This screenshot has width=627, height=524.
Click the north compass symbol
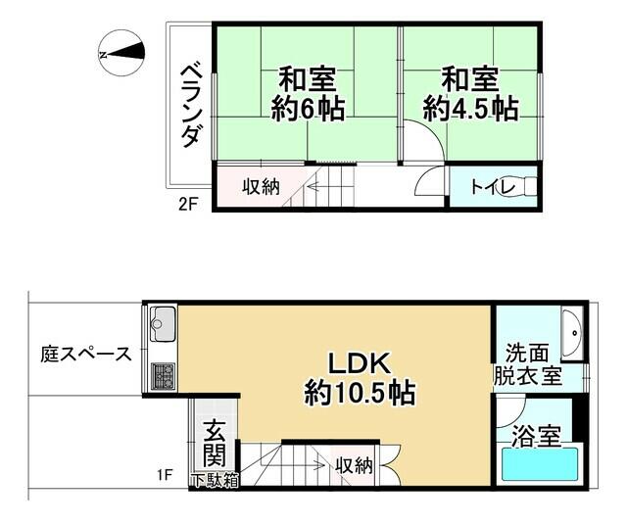click(x=121, y=54)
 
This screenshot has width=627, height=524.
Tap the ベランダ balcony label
click(x=191, y=106)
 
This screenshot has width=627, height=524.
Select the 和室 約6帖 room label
click(x=308, y=94)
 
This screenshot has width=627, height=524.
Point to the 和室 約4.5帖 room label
click(x=470, y=94)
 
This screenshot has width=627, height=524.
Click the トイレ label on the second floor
click(x=493, y=187)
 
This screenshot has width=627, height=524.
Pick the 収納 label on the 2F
click(x=261, y=187)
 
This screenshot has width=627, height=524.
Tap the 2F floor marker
click(x=188, y=205)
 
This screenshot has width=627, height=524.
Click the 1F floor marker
click(x=165, y=475)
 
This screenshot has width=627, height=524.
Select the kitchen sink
click(x=162, y=324)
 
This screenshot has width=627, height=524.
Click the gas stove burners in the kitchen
click(x=164, y=376)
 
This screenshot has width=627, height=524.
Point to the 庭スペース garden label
click(x=86, y=355)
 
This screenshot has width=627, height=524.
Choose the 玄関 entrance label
click(x=215, y=443)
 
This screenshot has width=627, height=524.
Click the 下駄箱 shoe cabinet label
click(x=215, y=481)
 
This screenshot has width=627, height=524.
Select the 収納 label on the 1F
click(x=354, y=465)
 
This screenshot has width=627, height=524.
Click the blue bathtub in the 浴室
click(x=540, y=464)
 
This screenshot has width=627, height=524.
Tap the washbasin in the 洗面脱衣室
click(x=571, y=332)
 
